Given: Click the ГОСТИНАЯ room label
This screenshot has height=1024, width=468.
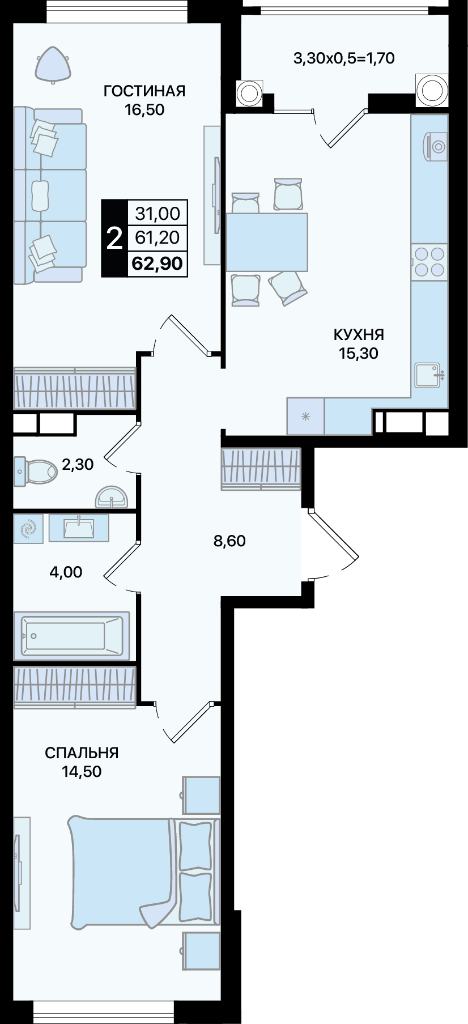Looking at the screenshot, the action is (144, 91).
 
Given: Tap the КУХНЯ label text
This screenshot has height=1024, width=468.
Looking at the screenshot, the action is (359, 334).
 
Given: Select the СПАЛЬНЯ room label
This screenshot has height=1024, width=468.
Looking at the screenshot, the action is (82, 753).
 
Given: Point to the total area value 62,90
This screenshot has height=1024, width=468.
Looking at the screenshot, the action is (157, 264).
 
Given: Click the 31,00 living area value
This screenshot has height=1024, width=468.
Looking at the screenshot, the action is (158, 214).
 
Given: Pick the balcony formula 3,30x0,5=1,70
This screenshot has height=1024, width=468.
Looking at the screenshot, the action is (344, 58).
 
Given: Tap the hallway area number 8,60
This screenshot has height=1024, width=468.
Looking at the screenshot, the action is (229, 541).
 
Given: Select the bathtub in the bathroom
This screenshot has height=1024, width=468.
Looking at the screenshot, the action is (71, 635).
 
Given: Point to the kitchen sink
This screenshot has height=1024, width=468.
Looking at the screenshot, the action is (428, 375).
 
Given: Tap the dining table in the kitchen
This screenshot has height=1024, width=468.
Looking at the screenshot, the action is (267, 242).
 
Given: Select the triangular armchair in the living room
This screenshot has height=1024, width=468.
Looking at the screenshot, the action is (53, 63).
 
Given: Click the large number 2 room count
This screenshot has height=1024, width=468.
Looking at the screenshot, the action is (114, 238).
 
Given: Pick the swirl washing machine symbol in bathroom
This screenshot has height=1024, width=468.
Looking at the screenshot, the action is (28, 529).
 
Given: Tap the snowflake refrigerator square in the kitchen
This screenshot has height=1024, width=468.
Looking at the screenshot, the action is (305, 417).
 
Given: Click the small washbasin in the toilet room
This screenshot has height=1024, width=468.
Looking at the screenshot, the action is (112, 496).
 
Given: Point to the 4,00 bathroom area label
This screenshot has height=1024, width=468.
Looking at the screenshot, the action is (66, 572).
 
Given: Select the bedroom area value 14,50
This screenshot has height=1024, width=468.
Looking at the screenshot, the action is (82, 771).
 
